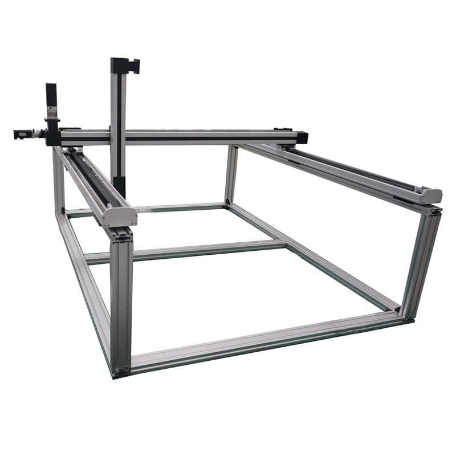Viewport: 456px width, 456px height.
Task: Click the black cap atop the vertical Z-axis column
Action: click(x=125, y=66)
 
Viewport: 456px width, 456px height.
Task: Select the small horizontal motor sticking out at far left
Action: click(x=22, y=135)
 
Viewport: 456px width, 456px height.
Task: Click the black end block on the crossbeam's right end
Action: click(x=302, y=137)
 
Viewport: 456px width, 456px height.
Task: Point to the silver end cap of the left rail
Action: click(x=121, y=217)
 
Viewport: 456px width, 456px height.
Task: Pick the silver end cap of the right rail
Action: click(x=430, y=196)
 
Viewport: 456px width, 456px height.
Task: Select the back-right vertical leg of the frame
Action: click(x=231, y=174)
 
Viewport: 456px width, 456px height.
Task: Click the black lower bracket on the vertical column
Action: click(x=119, y=186)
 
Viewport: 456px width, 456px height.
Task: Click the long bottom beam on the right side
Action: click(x=313, y=256)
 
